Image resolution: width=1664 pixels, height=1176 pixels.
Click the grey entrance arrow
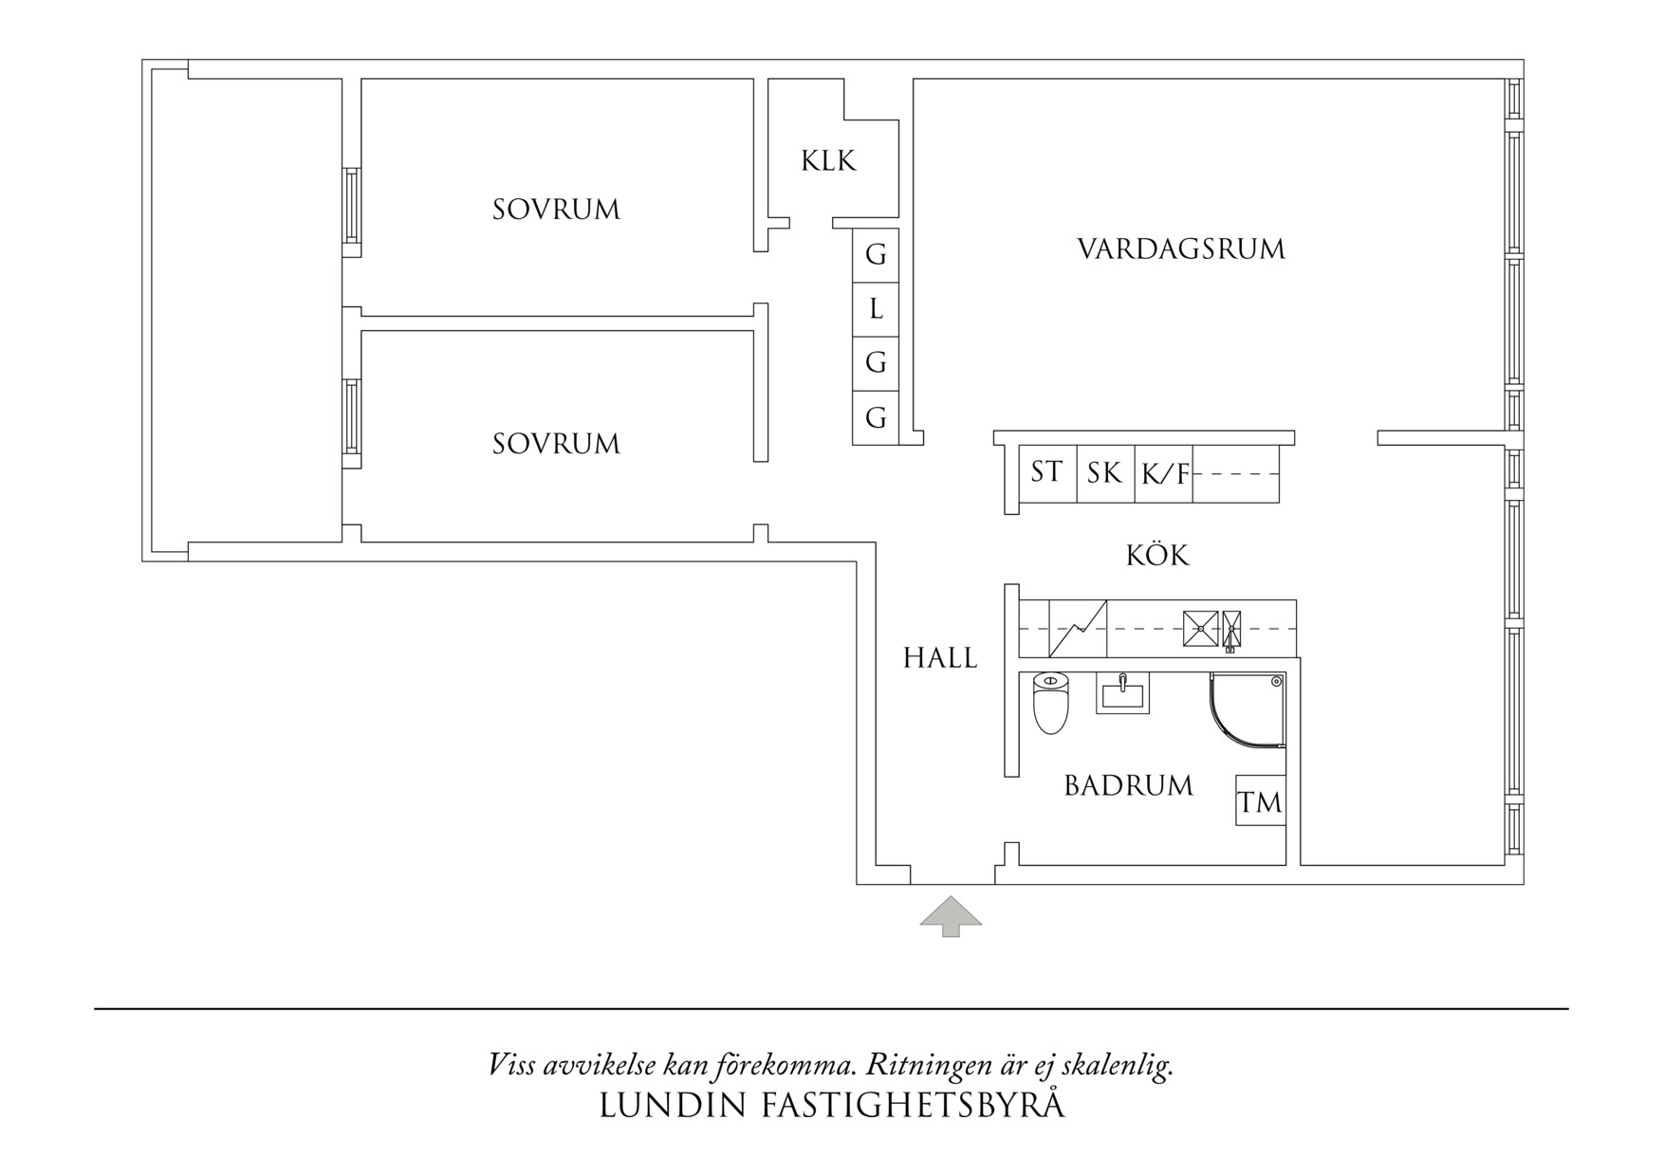click(x=951, y=916)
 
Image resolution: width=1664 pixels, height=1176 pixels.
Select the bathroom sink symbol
click(x=1122, y=692)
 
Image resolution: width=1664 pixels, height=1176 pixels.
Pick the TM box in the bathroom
click(x=1260, y=801)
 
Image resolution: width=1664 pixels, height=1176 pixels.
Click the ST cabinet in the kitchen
click(x=1046, y=471)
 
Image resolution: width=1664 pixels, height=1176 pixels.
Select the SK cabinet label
click(x=1104, y=472)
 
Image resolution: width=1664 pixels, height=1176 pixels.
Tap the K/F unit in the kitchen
click(x=1164, y=473)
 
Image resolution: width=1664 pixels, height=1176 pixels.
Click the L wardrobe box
click(x=876, y=309)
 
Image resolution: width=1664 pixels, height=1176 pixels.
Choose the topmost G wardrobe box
click(x=876, y=255)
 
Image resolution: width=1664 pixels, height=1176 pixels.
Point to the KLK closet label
click(x=828, y=161)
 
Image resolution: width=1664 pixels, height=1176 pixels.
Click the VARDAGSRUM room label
click(x=1180, y=249)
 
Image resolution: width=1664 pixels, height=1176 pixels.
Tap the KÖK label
click(x=1157, y=555)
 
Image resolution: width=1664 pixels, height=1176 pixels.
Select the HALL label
click(x=939, y=658)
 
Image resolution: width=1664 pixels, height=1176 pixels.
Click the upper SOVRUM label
click(x=556, y=210)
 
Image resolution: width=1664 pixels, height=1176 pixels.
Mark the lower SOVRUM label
click(x=556, y=444)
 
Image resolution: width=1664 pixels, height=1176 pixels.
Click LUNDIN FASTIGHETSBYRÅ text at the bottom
click(x=832, y=1106)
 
